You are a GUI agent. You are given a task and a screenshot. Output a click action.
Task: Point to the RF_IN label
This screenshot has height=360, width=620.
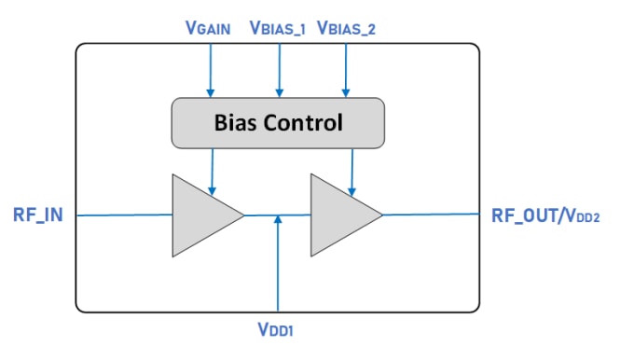37,215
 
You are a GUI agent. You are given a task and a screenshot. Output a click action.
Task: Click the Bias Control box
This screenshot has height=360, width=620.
278,122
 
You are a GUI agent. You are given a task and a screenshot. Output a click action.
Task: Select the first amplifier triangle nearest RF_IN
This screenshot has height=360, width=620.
200,215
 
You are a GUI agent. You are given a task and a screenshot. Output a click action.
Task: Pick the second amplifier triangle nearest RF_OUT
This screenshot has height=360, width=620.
339,215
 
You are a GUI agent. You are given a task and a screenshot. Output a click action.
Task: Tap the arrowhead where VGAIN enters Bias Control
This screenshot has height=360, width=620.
211,92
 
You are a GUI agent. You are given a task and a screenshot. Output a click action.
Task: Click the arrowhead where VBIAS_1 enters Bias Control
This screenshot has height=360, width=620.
278,92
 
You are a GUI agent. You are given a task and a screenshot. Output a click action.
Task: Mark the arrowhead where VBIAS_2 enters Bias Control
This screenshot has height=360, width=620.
346,92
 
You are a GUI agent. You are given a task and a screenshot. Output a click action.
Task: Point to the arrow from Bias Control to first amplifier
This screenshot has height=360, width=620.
213,168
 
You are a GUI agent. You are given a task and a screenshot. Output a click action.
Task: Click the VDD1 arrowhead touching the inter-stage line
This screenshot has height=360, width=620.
278,221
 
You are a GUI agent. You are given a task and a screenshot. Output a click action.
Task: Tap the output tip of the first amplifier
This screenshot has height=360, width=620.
242,215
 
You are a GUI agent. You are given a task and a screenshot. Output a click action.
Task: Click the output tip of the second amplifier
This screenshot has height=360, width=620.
381,215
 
